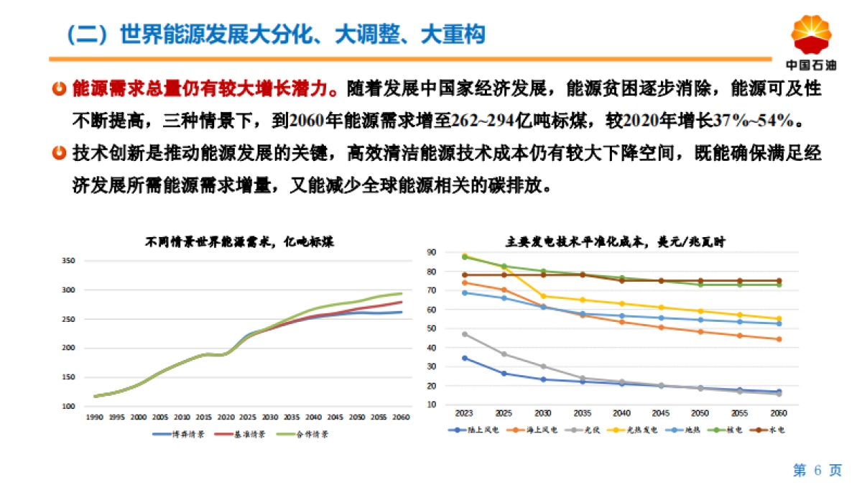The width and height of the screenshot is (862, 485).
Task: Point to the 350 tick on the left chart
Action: point(69,260)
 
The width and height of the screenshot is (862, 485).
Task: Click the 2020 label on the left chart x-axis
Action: point(226,417)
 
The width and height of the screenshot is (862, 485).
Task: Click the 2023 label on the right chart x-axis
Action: point(465,413)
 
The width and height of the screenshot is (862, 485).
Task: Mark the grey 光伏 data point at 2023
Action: point(465,334)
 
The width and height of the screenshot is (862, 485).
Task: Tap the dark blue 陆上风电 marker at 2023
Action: point(465,358)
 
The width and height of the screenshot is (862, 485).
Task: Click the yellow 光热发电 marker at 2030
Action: point(544,296)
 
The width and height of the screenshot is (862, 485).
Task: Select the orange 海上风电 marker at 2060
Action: point(779,339)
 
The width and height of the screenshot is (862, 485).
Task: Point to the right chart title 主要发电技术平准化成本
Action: point(615,242)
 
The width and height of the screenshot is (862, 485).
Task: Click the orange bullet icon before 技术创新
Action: point(60,153)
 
